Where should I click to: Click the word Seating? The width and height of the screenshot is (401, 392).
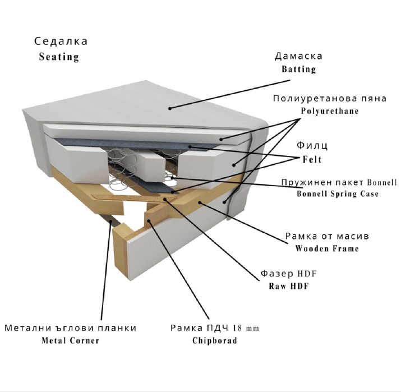[x=59, y=57]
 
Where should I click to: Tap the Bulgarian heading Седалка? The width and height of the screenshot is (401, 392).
[x=61, y=41]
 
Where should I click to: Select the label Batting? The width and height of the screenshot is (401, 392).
[x=299, y=69]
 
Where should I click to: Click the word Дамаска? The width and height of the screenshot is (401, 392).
[x=298, y=56]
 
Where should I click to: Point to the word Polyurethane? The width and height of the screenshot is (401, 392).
[x=330, y=111]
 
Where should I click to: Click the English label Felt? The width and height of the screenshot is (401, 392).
[x=312, y=160]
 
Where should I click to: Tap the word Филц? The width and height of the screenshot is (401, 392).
[x=312, y=145]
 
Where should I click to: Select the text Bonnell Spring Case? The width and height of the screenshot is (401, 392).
[x=338, y=193]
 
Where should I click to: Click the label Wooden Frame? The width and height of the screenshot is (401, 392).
[x=327, y=248]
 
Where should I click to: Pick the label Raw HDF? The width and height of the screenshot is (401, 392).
[x=289, y=286]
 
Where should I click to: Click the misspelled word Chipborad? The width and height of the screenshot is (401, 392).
[x=215, y=340]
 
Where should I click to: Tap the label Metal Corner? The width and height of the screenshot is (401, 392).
[x=70, y=340]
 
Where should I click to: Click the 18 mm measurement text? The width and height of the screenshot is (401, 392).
[x=246, y=328]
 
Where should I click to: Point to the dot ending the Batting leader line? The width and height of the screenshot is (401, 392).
[x=170, y=108]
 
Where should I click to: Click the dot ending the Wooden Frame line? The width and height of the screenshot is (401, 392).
[x=199, y=202]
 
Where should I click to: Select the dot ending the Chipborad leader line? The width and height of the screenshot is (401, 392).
[x=149, y=220]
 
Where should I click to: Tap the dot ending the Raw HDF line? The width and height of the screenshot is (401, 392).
[x=165, y=199]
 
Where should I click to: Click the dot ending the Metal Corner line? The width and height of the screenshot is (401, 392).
[x=110, y=222]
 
